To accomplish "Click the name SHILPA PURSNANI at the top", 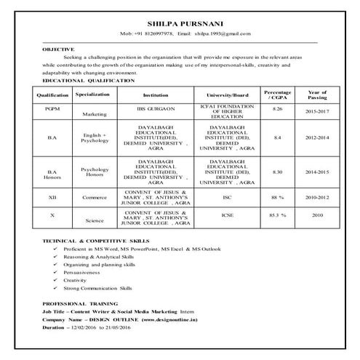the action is [179, 23].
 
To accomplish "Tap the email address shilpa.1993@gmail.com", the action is [223, 33].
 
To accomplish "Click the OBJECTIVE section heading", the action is [58, 48].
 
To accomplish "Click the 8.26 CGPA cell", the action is [276, 108].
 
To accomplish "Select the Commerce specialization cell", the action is [95, 197].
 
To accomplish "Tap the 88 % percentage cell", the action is [277, 196].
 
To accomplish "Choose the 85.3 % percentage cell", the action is [277, 215].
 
